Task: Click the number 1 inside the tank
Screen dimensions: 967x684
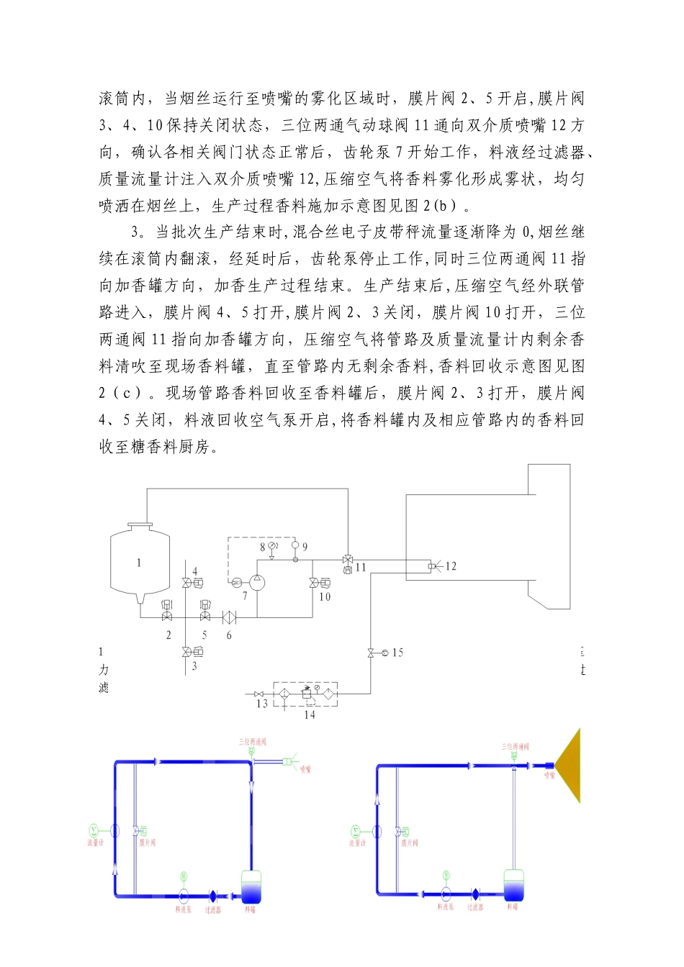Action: pyautogui.click(x=139, y=563)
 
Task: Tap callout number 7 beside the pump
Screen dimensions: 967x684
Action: pyautogui.click(x=245, y=596)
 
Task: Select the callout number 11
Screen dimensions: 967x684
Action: pyautogui.click(x=361, y=567)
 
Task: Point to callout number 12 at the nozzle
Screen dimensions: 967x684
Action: pyautogui.click(x=451, y=566)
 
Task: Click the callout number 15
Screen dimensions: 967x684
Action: pyautogui.click(x=397, y=653)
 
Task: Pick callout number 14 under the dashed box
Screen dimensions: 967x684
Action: pyautogui.click(x=310, y=714)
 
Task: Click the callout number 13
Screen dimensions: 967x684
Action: pyautogui.click(x=262, y=703)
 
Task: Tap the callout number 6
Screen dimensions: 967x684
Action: pyautogui.click(x=229, y=635)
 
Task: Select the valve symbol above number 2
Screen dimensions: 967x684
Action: pyautogui.click(x=167, y=617)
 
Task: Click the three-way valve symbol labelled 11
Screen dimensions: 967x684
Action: pyautogui.click(x=348, y=560)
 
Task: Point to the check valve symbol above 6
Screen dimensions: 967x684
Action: pyautogui.click(x=230, y=617)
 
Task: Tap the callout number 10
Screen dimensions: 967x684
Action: pyautogui.click(x=325, y=596)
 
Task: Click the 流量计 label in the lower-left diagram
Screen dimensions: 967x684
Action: pyautogui.click(x=96, y=843)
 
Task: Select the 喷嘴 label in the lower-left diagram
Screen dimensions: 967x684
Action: pyautogui.click(x=305, y=770)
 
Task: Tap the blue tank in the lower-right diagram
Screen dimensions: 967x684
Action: pyautogui.click(x=514, y=885)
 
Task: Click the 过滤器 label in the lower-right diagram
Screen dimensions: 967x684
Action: pyautogui.click(x=475, y=907)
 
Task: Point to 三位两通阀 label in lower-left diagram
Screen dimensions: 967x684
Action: pyautogui.click(x=253, y=741)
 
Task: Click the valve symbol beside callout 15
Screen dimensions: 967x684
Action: pyautogui.click(x=371, y=653)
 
